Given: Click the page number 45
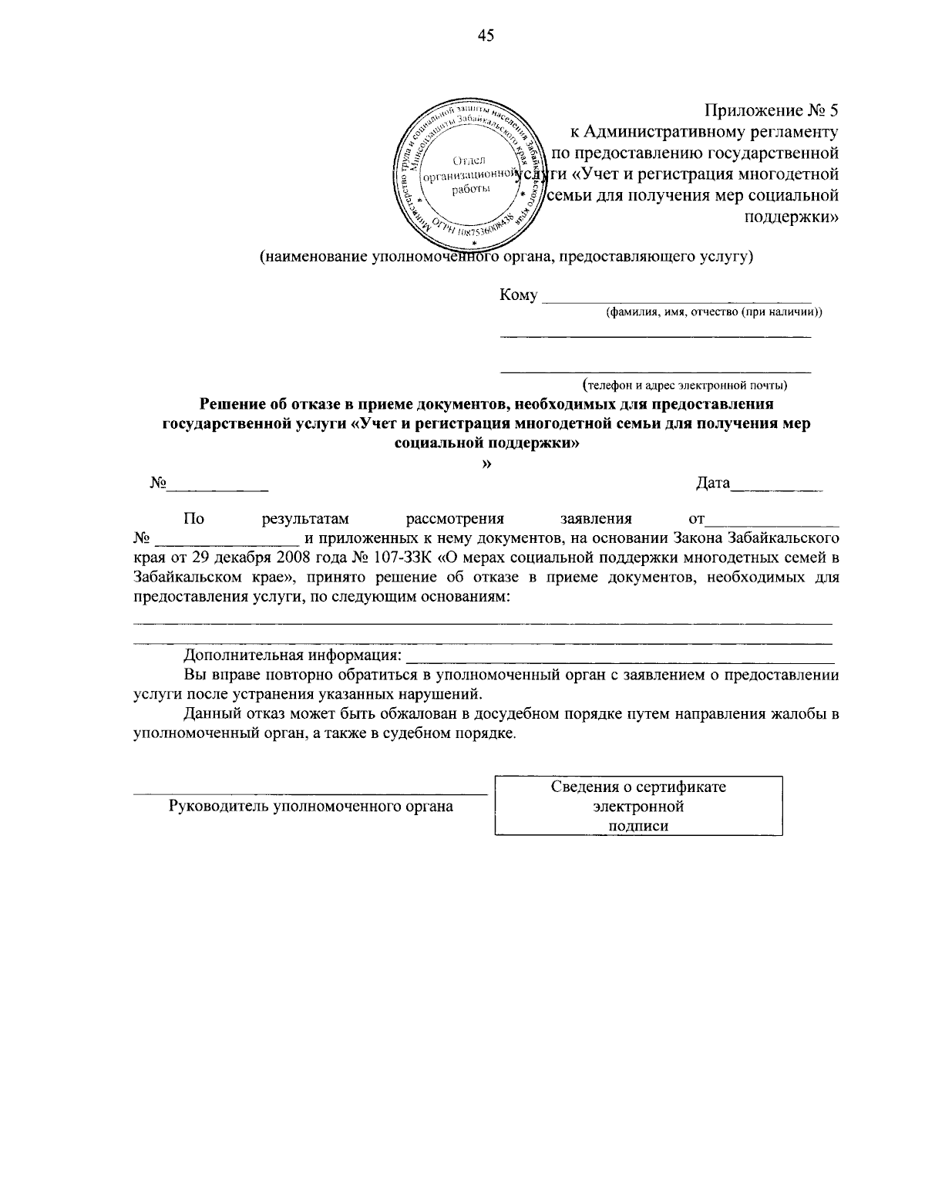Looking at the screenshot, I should [x=486, y=35].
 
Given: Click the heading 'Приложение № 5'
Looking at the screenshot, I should [x=772, y=110].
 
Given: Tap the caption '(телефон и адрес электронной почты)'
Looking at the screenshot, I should [x=684, y=384].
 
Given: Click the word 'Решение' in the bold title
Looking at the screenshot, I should [x=229, y=403].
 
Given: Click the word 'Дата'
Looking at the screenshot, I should [x=712, y=484].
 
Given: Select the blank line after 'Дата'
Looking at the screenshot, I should [x=777, y=488].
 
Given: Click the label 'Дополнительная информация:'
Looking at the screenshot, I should [x=293, y=656].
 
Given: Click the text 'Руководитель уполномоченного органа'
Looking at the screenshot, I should [x=311, y=807].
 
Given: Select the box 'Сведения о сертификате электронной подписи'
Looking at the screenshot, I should [x=638, y=806].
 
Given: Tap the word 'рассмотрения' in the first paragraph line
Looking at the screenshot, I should [x=455, y=519].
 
